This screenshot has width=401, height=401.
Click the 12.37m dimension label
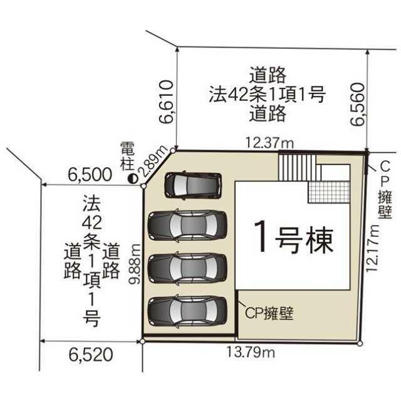(269, 143)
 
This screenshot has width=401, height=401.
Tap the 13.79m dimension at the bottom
(251, 352)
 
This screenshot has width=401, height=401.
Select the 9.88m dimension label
(135, 264)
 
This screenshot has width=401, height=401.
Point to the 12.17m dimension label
(372, 248)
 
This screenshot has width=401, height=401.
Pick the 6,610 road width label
(167, 102)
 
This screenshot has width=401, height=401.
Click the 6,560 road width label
(358, 104)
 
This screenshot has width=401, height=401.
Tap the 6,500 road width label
(90, 175)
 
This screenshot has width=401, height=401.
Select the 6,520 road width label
(91, 355)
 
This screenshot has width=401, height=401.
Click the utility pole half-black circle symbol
(133, 179)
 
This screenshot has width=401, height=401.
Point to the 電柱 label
(127, 156)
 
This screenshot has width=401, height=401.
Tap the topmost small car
(193, 185)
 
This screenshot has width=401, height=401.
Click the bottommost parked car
(188, 311)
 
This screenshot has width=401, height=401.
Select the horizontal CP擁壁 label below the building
(269, 313)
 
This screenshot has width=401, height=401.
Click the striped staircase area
(299, 167)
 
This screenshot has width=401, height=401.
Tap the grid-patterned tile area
(329, 192)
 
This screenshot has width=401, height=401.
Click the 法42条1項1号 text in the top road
(268, 94)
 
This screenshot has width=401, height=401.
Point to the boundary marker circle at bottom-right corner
(360, 343)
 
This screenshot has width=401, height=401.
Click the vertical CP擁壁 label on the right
(385, 190)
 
